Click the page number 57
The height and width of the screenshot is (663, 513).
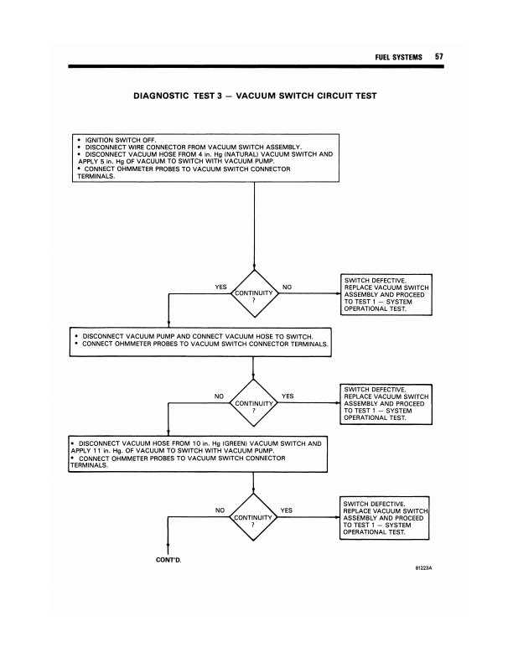(438, 56)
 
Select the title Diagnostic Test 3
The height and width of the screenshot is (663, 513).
(254, 96)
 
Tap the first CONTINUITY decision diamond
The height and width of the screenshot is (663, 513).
(253, 293)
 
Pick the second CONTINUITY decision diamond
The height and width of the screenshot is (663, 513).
(253, 402)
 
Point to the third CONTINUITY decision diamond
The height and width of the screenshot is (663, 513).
(253, 517)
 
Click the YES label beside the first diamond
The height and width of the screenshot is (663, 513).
(220, 287)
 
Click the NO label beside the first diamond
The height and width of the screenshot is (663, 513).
(287, 287)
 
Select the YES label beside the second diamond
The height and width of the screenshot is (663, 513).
(287, 396)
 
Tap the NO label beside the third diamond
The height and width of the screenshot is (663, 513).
(220, 510)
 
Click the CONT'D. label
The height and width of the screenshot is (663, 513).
(169, 560)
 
